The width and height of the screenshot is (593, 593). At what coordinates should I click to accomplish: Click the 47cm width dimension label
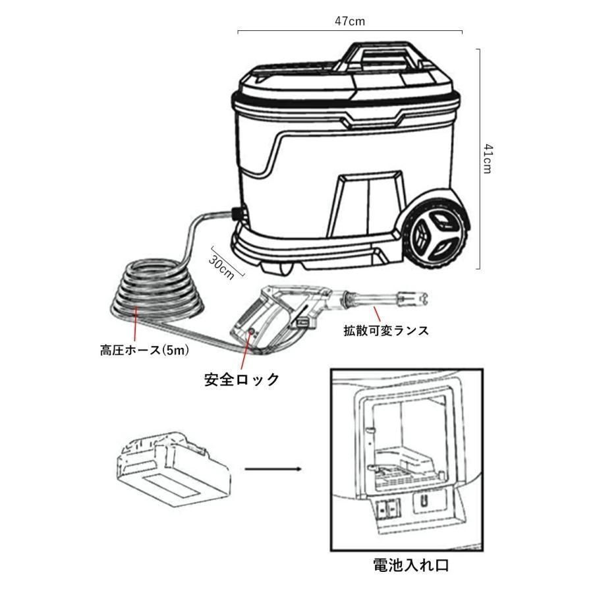click(x=349, y=21)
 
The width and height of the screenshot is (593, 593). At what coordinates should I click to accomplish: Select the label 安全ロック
click(x=242, y=380)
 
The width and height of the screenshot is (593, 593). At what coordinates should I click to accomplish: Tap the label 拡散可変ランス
click(x=386, y=331)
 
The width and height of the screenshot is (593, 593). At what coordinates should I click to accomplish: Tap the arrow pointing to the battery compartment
click(x=273, y=469)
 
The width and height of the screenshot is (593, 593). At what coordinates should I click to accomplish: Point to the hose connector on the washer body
click(x=235, y=215)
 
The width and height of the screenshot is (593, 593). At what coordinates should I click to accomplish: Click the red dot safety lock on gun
click(x=252, y=333)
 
